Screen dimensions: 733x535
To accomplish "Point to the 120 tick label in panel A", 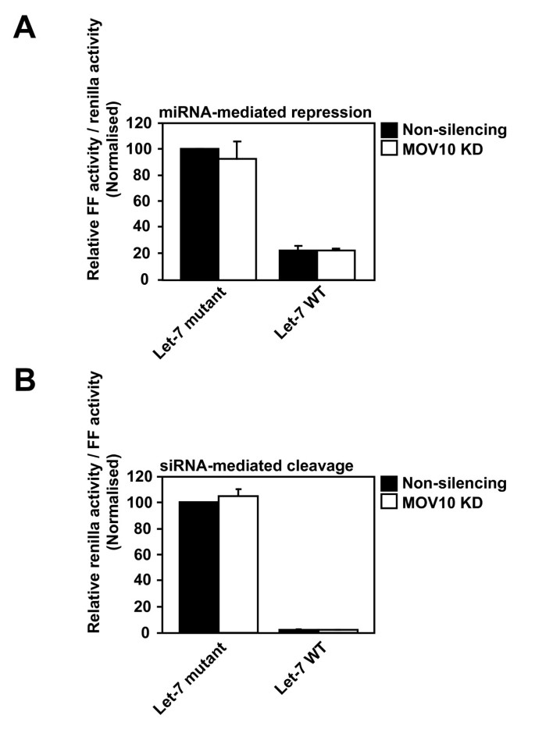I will coord(140,123).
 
